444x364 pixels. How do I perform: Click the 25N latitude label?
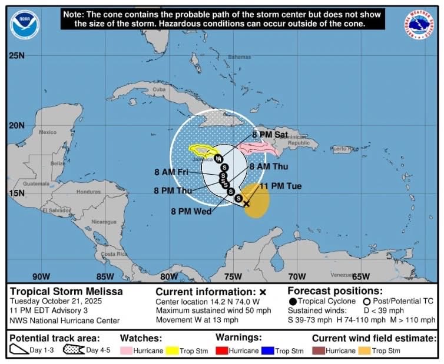pos(16,56)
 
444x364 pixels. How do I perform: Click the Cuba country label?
pos(159,89)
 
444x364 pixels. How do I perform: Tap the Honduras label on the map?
pos(88,192)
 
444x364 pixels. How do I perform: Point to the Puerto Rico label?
pos(343,149)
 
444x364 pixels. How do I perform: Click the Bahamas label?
pos(239,57)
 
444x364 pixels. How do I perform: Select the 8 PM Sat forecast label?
pos(270,135)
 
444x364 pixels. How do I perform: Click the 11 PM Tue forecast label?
pos(281,186)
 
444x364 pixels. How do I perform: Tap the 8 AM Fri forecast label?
pos(171,172)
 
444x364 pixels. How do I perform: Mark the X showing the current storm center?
pos(246,204)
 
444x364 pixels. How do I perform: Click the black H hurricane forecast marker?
pos(218,159)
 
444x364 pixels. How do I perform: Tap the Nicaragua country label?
pos(104,222)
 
